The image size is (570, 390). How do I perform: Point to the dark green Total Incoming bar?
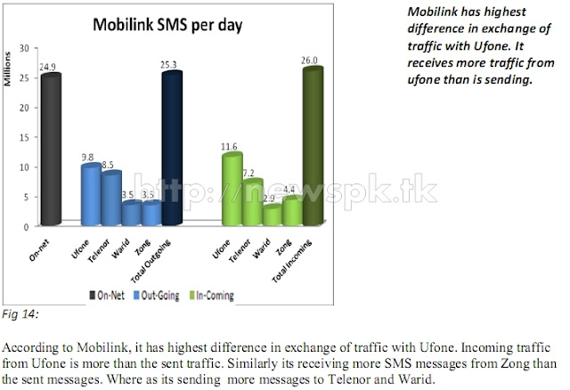312,146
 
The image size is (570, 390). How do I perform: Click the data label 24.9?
50,67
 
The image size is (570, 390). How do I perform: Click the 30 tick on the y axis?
27,48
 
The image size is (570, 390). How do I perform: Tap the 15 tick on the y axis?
27,137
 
